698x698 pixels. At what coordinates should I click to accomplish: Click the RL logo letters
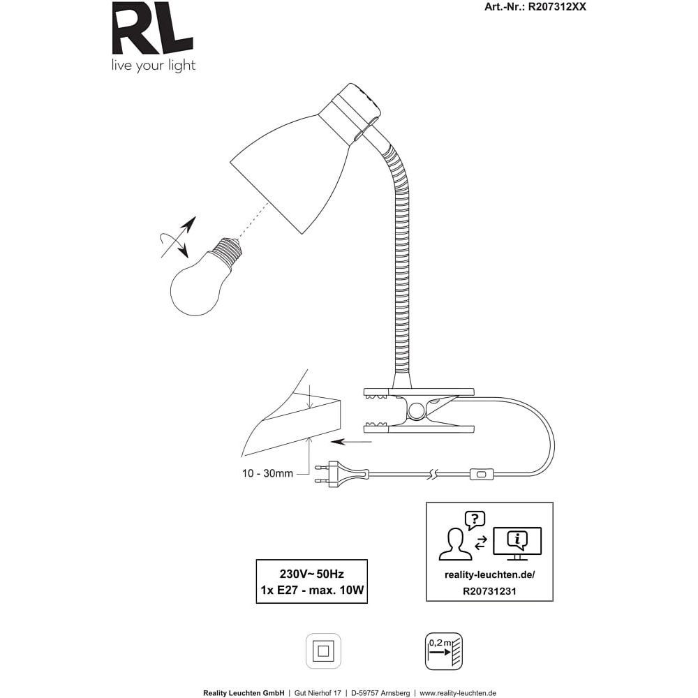[x=152, y=28]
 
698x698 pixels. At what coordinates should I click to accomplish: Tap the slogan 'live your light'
[x=154, y=66]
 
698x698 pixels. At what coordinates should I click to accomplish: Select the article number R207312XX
[x=557, y=7]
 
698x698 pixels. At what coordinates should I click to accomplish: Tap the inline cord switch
[x=482, y=475]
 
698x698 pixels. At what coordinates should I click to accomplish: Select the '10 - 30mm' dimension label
[x=267, y=474]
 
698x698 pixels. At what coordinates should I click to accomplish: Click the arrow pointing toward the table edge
[x=351, y=442]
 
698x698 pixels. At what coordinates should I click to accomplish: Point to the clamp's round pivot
[x=417, y=410]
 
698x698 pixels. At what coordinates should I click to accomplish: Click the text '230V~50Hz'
[x=311, y=574]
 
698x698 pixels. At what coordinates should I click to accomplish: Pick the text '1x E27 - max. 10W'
[x=312, y=591]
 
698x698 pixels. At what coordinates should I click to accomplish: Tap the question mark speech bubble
[x=475, y=520]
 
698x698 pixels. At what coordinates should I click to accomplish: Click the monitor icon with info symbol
[x=517, y=543]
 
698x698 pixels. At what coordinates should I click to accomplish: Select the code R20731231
[x=490, y=591]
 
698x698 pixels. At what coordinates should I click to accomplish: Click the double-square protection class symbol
[x=323, y=651]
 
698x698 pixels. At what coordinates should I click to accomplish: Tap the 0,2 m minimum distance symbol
[x=444, y=651]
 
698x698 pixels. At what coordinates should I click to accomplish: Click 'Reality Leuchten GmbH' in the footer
[x=244, y=693]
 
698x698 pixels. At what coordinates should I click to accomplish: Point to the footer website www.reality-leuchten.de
[x=458, y=693]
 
